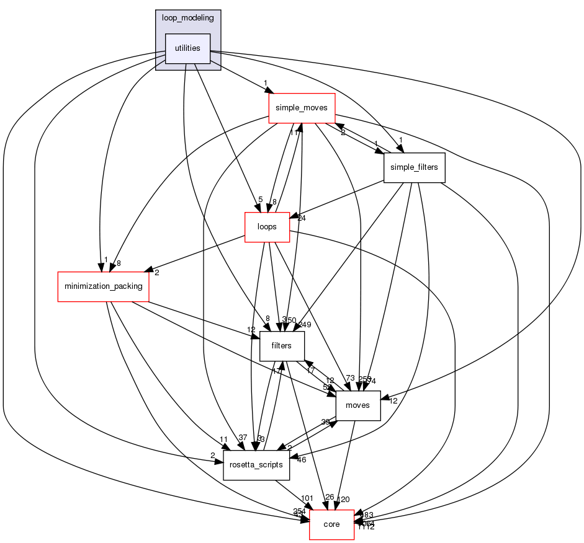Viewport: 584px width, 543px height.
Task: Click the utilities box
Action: tap(187, 48)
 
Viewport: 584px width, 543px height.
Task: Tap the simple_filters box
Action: tap(414, 167)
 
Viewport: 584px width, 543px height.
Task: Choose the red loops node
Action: tap(267, 227)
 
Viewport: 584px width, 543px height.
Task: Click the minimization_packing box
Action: tap(103, 286)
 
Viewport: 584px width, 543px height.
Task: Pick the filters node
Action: tap(281, 346)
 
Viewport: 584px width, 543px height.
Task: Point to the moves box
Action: tap(357, 405)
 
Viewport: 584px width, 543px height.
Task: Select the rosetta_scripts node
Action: tap(256, 465)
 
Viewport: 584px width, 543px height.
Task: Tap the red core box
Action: tap(331, 524)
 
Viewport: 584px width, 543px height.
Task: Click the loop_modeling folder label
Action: tap(187, 18)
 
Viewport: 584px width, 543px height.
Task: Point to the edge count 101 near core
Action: tap(307, 498)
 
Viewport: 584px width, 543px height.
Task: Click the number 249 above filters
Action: tap(304, 325)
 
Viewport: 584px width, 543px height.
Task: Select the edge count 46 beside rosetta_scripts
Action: tap(302, 461)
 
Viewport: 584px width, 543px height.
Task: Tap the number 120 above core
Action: tap(343, 499)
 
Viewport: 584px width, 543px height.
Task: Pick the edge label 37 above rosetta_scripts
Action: tap(243, 438)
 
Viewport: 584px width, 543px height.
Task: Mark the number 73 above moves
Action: tap(350, 378)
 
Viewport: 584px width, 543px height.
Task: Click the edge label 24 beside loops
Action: tap(302, 218)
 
